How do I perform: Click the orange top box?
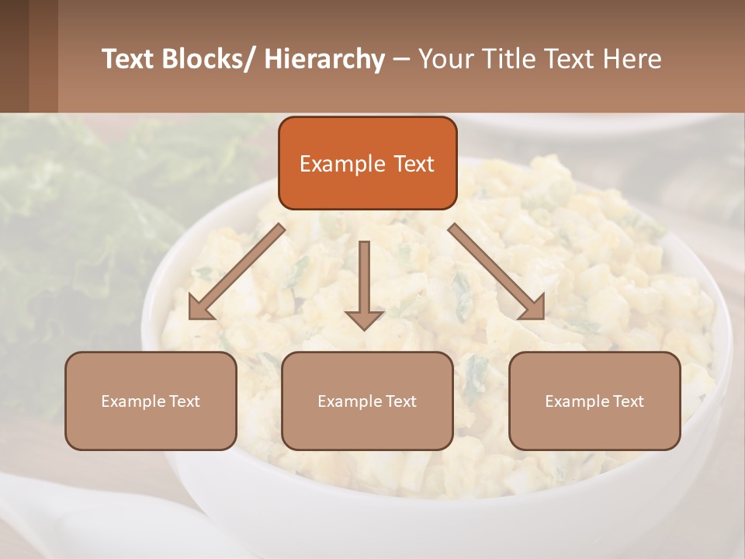[367, 163]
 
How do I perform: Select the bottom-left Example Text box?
[151, 401]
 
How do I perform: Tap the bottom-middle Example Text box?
[367, 401]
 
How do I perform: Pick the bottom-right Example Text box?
[594, 401]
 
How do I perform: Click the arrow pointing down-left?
[237, 272]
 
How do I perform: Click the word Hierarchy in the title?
[324, 59]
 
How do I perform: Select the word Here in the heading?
[632, 59]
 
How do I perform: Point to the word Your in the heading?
[445, 59]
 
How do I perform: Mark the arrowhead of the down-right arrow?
[533, 308]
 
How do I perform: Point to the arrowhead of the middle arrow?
[364, 320]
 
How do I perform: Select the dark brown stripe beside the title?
[14, 56]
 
